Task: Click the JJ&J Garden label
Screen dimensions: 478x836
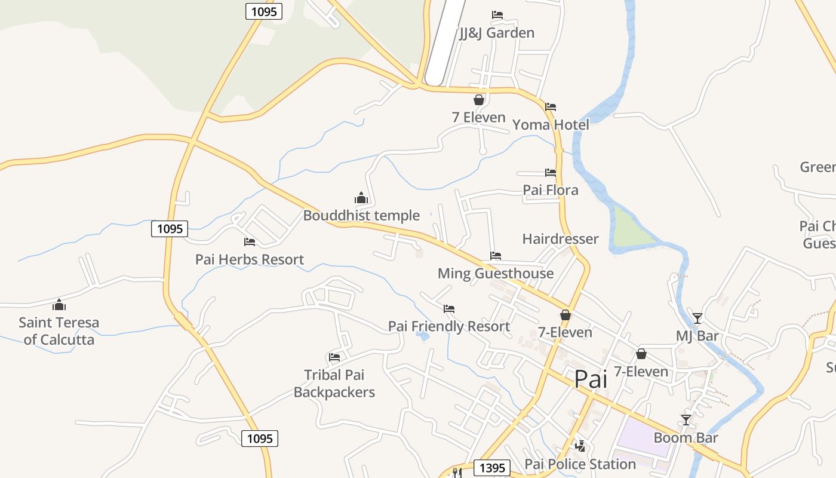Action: tap(497, 33)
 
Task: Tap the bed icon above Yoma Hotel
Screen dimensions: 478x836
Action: tap(551, 107)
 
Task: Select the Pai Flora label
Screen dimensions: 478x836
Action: tap(551, 190)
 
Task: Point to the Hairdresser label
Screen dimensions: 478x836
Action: tap(560, 239)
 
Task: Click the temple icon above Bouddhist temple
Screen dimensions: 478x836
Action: tap(361, 198)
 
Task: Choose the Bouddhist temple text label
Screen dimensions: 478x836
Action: tap(361, 216)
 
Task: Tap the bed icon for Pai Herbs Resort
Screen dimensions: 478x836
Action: tap(250, 242)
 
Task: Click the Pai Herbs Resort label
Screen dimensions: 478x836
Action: tap(250, 259)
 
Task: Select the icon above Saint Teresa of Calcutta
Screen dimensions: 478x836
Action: tap(59, 305)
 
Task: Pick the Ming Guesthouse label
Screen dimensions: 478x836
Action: tap(496, 274)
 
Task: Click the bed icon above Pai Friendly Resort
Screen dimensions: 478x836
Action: tap(449, 309)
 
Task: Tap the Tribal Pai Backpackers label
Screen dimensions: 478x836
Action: tap(334, 384)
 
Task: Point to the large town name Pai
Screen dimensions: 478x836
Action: tap(591, 379)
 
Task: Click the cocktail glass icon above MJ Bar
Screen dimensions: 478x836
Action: tap(697, 318)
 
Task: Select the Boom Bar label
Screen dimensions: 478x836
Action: tap(686, 437)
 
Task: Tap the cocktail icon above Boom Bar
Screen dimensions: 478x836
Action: tap(686, 420)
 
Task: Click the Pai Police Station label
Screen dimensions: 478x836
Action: tap(580, 464)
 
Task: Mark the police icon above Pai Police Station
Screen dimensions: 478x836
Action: tap(580, 446)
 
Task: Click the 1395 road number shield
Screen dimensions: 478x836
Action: tap(492, 468)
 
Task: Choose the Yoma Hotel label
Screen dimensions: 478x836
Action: tap(551, 125)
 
